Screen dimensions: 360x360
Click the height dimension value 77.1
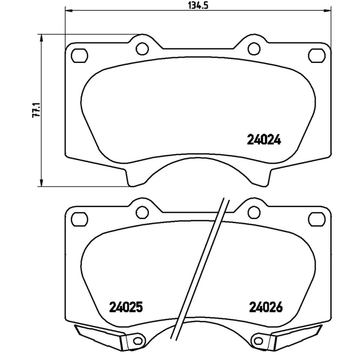(x=38, y=110)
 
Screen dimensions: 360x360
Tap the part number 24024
(x=264, y=140)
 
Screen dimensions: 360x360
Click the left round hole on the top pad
(x=142, y=46)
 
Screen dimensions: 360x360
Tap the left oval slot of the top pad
(x=80, y=56)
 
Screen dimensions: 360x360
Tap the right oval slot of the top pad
(x=316, y=56)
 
